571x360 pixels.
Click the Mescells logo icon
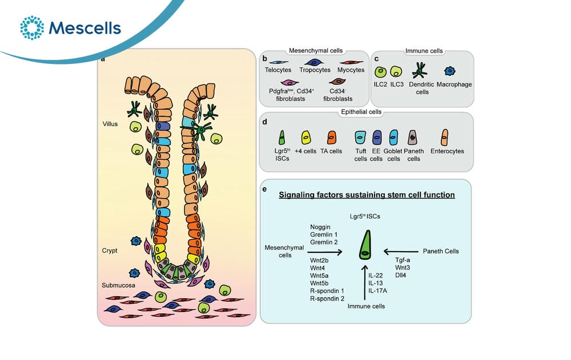32,27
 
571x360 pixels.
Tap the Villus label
110,124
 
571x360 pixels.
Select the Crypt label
110,250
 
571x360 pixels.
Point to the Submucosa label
118,285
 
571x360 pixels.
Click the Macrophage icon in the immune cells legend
450,71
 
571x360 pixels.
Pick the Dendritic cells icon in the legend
420,70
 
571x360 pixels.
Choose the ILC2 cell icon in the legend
380,72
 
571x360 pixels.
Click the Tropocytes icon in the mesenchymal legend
314,63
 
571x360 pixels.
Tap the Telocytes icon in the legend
278,63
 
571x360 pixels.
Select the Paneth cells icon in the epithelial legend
413,137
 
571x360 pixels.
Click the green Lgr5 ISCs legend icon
282,137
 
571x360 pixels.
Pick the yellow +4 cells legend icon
306,137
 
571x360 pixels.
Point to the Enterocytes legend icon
445,137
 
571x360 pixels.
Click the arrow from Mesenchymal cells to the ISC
325,252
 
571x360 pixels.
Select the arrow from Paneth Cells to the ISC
401,251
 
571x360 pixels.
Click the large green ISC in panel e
365,245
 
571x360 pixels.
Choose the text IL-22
376,276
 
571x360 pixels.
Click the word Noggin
320,227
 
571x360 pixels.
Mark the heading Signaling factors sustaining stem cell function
367,195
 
